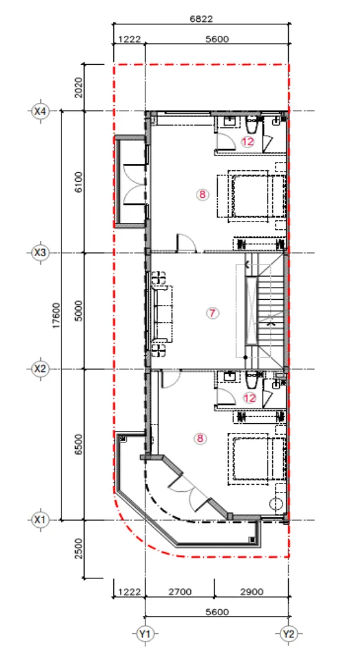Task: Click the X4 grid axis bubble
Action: tap(40, 111)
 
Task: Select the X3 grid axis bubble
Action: tap(40, 252)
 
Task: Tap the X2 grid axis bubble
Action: tap(40, 368)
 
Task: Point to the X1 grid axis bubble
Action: tap(40, 519)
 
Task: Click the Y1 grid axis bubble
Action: tap(145, 634)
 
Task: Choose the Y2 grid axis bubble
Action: tap(288, 634)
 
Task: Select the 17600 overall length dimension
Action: tap(56, 315)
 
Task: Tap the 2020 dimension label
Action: tap(79, 88)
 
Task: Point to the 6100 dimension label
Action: tap(79, 182)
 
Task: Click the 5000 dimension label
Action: tap(79, 311)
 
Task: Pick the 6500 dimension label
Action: tap(79, 444)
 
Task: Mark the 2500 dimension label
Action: tap(79, 549)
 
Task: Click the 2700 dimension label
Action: tap(179, 592)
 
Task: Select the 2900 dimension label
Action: tap(252, 592)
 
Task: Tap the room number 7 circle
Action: tap(213, 313)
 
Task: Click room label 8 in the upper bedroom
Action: tap(202, 195)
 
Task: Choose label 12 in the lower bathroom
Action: tap(250, 398)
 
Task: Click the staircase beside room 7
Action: tap(265, 311)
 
